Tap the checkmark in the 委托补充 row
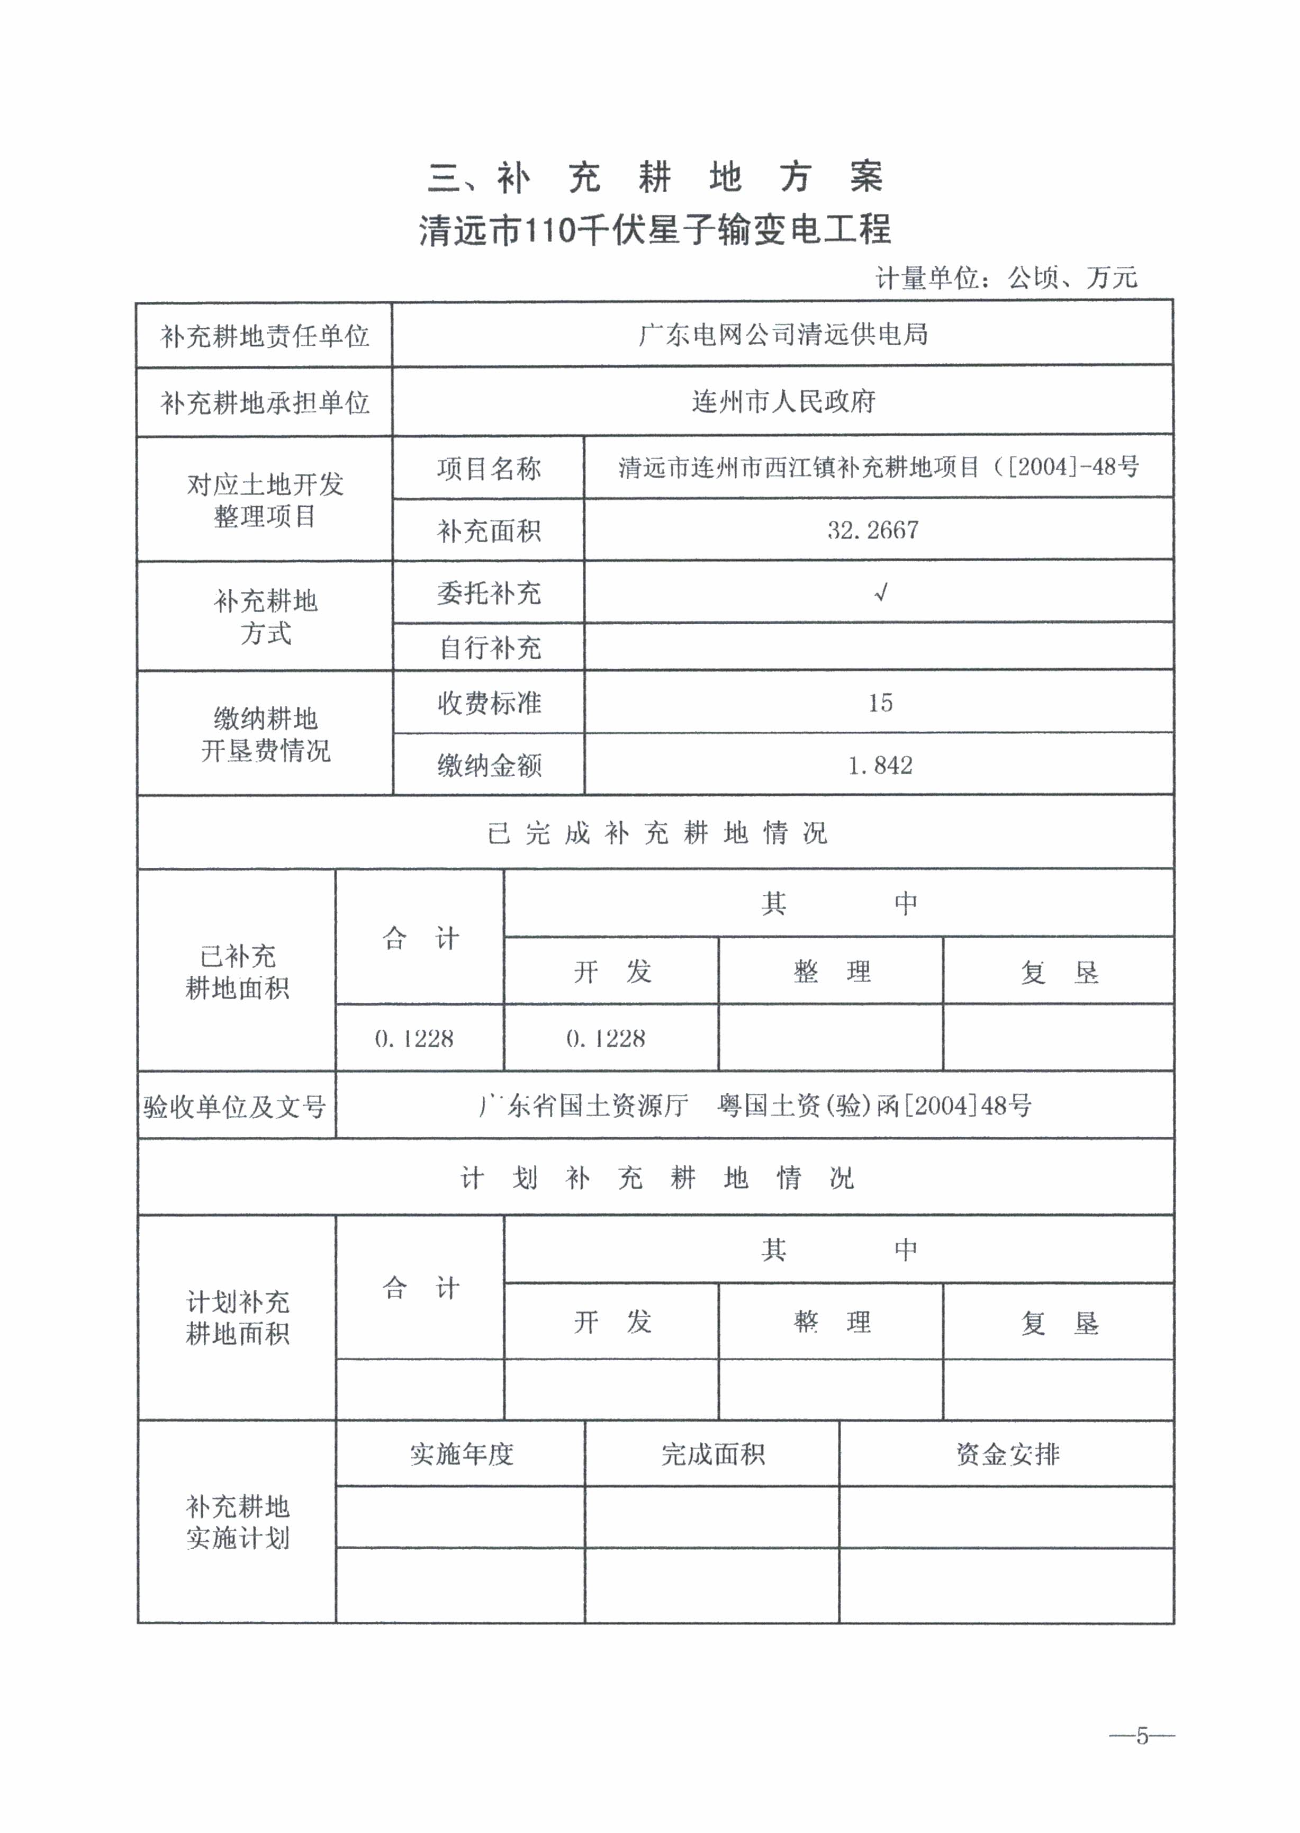click(881, 592)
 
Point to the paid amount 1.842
click(880, 766)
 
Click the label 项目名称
click(489, 469)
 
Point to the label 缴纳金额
click(489, 766)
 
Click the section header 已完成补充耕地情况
click(656, 833)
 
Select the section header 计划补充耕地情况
click(656, 1178)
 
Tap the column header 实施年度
click(461, 1453)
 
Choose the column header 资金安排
click(1007, 1453)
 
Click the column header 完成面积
click(712, 1453)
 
